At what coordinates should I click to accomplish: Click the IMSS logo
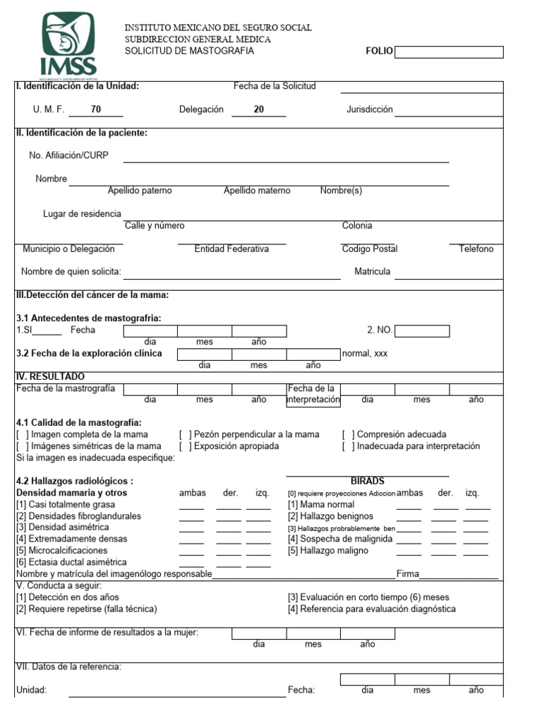(68, 45)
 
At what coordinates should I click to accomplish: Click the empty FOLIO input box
(449, 52)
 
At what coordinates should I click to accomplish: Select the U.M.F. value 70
(96, 109)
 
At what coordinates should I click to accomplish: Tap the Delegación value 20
(259, 109)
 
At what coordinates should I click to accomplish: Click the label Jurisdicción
(369, 109)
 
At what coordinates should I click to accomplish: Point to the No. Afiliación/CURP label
(68, 155)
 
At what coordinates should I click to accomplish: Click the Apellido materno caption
(257, 191)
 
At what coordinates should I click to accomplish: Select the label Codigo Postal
(369, 249)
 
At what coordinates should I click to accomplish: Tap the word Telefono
(476, 249)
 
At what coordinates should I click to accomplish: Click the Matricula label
(372, 272)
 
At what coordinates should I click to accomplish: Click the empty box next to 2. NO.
(421, 330)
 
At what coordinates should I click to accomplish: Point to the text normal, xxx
(365, 353)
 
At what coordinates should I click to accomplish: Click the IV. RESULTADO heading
(50, 377)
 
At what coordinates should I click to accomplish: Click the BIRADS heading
(367, 481)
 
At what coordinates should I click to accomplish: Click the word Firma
(408, 574)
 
